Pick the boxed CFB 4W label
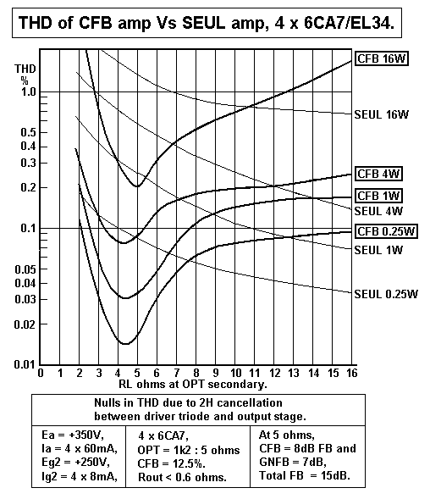pos(378,173)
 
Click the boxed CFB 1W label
pos(378,196)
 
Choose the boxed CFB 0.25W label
pos(386,231)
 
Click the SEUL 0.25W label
pos(386,294)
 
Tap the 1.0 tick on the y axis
pos(26,91)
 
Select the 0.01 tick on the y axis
pos(24,365)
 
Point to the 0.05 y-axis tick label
pos(24,269)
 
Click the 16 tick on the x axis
pos(351,373)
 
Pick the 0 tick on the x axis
pos(41,373)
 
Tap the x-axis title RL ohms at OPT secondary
pos(193,383)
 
